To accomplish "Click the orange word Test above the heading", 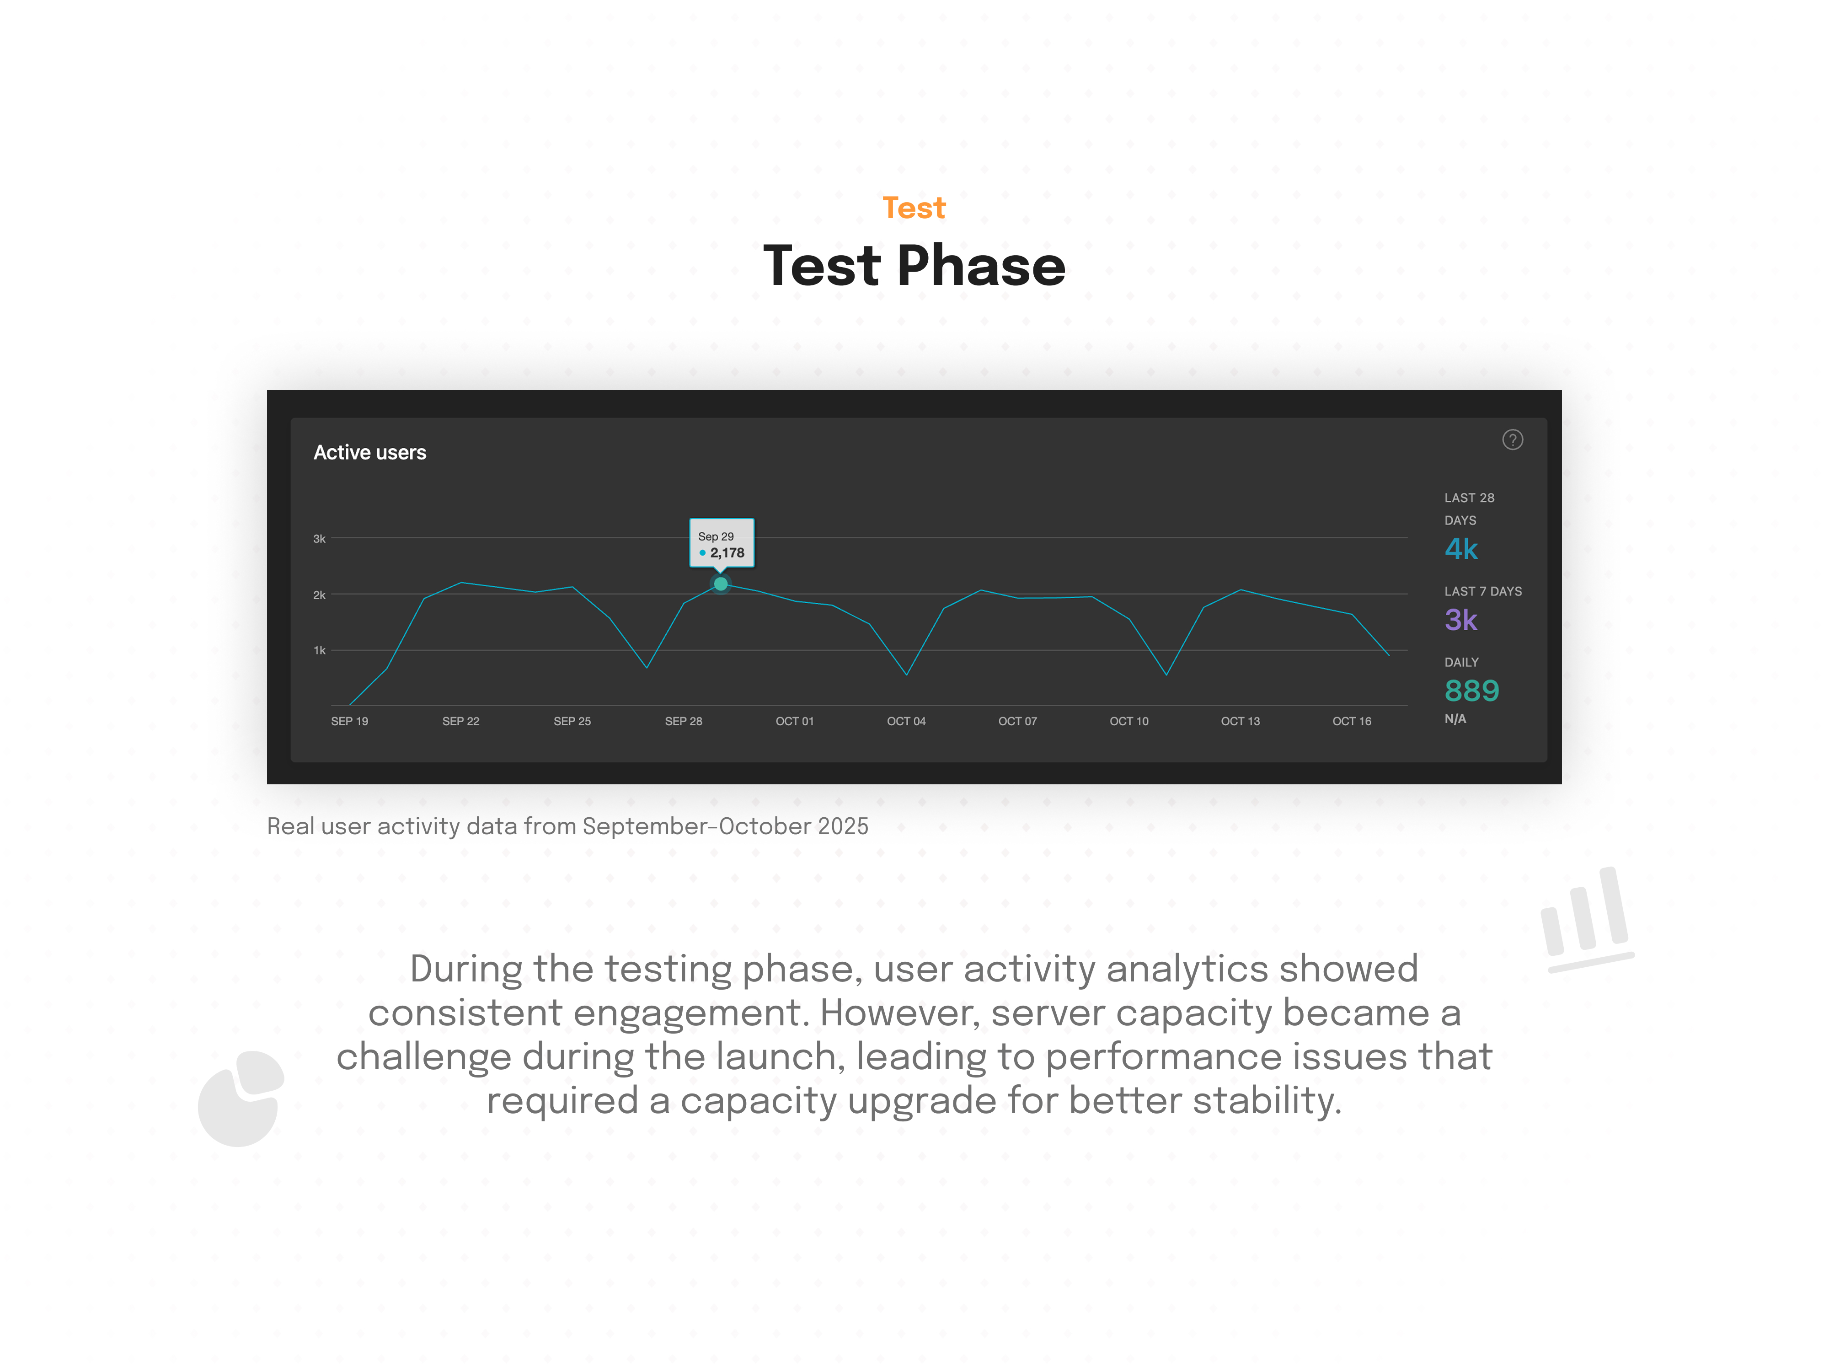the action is pyautogui.click(x=914, y=208).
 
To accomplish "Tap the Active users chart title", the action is pyautogui.click(x=369, y=452).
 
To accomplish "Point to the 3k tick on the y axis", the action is pyautogui.click(x=319, y=538).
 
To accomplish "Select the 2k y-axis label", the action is pyautogui.click(x=319, y=595).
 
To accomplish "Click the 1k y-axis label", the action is pyautogui.click(x=319, y=650).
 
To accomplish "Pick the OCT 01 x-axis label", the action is pyautogui.click(x=795, y=721).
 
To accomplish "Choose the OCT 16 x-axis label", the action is pyautogui.click(x=1352, y=721).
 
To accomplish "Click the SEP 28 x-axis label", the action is pyautogui.click(x=683, y=721).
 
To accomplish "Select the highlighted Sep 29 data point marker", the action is pyautogui.click(x=721, y=584).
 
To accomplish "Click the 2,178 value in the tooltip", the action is pyautogui.click(x=727, y=552).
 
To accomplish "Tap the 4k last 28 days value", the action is pyautogui.click(x=1461, y=549).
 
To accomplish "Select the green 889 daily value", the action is pyautogui.click(x=1472, y=691).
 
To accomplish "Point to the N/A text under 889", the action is pyautogui.click(x=1455, y=718).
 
